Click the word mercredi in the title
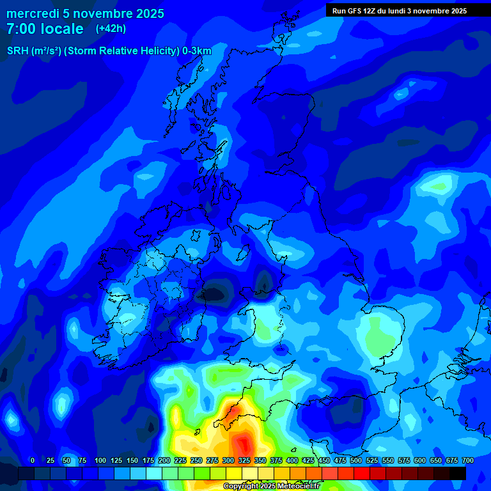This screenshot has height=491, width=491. tap(33, 13)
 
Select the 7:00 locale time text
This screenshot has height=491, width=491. tap(45, 29)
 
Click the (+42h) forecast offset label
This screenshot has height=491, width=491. tap(111, 29)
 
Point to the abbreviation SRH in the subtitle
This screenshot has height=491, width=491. tap(18, 51)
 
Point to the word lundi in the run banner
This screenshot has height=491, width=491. tap(405, 11)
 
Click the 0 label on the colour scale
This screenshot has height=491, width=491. tap(33, 460)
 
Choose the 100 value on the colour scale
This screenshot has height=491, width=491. tap(100, 460)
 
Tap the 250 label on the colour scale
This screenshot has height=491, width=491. tap(196, 460)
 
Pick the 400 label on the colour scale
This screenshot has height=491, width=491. tap(292, 460)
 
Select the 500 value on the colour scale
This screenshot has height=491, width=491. tap(356, 460)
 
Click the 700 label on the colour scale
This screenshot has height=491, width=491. tap(468, 460)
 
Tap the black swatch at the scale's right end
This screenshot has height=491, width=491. tap(458, 473)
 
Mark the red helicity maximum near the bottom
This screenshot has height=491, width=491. tap(244, 443)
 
